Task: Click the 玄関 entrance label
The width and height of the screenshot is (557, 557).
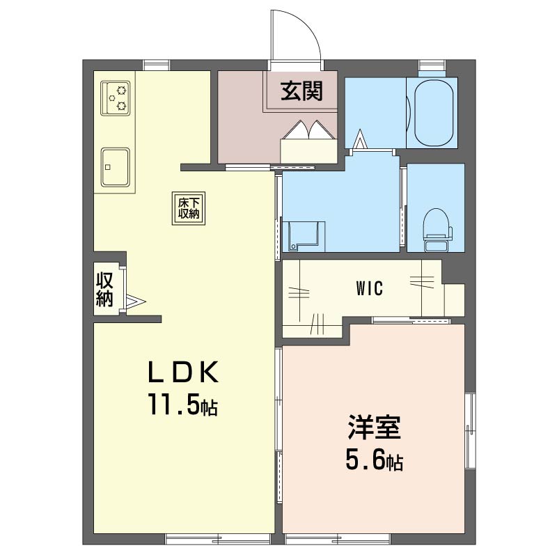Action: click(301, 91)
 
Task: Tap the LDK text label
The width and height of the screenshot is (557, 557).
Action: click(183, 372)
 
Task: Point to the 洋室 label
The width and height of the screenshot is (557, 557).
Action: click(374, 427)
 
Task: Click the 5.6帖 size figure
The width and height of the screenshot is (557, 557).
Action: click(374, 461)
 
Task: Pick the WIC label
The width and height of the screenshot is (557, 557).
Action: click(370, 288)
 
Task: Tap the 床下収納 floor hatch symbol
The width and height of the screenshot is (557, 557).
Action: click(189, 208)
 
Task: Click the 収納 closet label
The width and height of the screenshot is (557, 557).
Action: click(105, 289)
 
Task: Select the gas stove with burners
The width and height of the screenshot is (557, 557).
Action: click(116, 98)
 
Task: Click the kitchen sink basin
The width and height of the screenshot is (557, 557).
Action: click(115, 167)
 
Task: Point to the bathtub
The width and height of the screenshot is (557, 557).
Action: click(434, 113)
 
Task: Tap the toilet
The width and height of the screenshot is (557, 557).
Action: click(438, 230)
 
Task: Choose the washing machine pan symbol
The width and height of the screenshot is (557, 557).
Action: click(304, 236)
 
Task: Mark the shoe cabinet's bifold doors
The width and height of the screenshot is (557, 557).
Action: click(308, 130)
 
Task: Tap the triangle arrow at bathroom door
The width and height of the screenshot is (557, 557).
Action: click(360, 139)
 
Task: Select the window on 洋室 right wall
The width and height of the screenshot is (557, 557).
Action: click(471, 430)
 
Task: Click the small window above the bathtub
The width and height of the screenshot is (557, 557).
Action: click(432, 65)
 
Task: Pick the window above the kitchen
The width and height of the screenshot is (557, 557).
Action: click(156, 65)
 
